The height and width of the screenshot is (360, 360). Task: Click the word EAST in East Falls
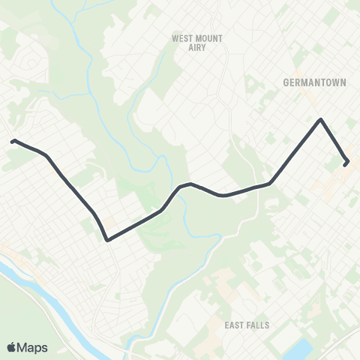235,325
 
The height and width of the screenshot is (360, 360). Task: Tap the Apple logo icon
12,347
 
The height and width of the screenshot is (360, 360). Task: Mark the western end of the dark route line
13,140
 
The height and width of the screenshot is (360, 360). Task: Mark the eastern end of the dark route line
346,163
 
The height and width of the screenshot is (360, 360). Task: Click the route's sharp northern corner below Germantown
321,119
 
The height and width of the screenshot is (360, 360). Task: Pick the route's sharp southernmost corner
108,240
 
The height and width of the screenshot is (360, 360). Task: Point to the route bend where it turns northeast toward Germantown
269,182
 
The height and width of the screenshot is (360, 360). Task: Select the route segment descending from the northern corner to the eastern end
334,141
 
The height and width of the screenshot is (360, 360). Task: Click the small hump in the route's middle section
187,184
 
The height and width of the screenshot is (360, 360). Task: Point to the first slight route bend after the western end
46,155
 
